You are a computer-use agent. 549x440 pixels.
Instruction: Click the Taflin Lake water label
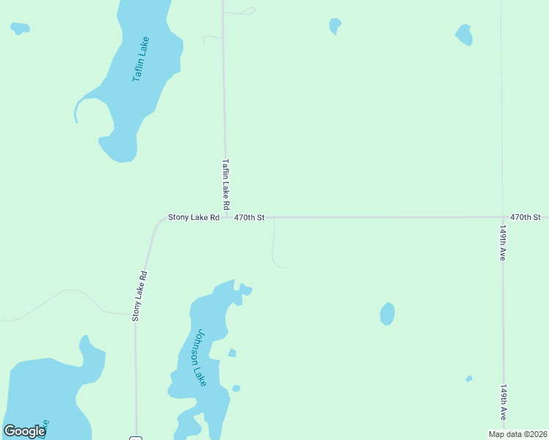pyautogui.click(x=140, y=59)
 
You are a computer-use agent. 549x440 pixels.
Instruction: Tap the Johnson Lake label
pyautogui.click(x=197, y=357)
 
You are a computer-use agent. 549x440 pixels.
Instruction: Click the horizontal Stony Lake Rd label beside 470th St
pyautogui.click(x=194, y=217)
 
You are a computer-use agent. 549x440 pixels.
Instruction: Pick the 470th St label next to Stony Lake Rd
pyautogui.click(x=249, y=217)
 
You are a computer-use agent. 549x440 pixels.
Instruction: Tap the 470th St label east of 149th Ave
pyautogui.click(x=525, y=217)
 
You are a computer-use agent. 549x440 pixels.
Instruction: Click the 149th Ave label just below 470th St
pyautogui.click(x=503, y=243)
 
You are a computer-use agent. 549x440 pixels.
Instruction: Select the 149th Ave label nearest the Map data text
pyautogui.click(x=503, y=402)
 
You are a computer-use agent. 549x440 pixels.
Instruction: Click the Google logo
pyautogui.click(x=24, y=431)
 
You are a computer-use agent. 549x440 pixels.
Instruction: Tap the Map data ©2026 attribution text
pyautogui.click(x=518, y=434)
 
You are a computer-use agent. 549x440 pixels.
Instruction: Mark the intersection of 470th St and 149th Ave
pyautogui.click(x=502, y=217)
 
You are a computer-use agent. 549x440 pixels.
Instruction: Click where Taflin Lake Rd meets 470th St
pyautogui.click(x=225, y=217)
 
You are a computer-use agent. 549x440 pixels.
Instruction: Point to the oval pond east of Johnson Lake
pyautogui.click(x=387, y=314)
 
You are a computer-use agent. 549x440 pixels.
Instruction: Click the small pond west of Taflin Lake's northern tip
pyautogui.click(x=20, y=29)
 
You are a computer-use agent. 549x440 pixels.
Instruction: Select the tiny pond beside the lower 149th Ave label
pyautogui.click(x=469, y=379)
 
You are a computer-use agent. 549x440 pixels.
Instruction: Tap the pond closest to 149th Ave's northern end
pyautogui.click(x=464, y=34)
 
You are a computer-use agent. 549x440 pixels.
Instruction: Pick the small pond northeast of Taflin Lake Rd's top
pyautogui.click(x=335, y=26)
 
